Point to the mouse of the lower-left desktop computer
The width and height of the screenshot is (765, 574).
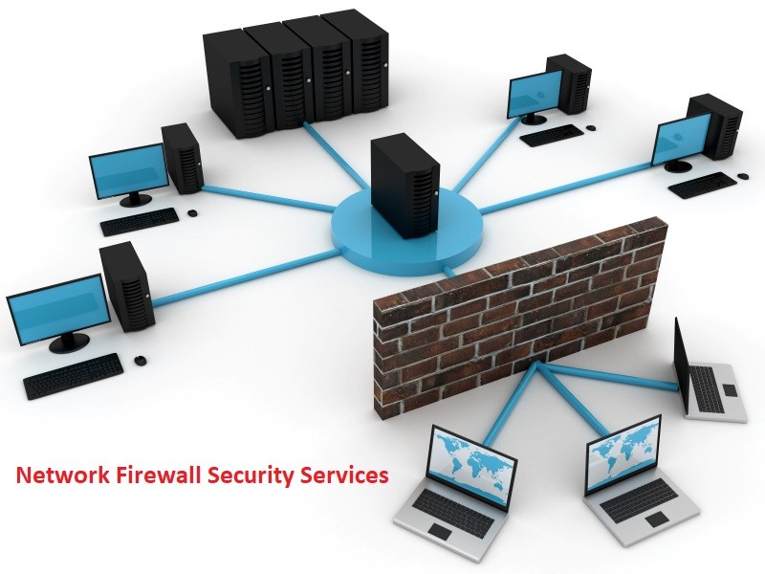(x=141, y=360)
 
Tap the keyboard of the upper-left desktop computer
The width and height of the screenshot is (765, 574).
(x=139, y=221)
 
